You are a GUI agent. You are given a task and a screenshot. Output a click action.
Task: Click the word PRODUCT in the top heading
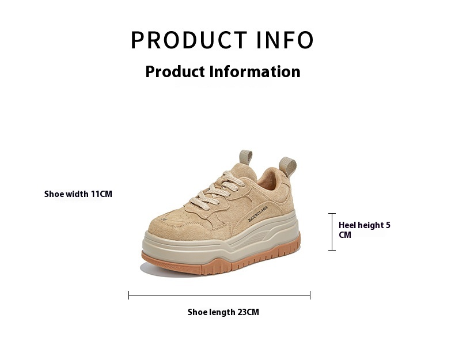[x=189, y=40]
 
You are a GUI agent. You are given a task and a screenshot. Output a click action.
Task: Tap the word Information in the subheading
[x=255, y=71]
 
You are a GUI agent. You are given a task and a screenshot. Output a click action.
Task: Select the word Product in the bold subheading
[x=175, y=71]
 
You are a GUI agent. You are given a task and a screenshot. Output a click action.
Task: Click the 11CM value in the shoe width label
[x=101, y=194]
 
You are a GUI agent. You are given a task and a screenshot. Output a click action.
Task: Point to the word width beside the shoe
[x=78, y=194]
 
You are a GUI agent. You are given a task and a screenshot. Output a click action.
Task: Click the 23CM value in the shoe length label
[x=248, y=312]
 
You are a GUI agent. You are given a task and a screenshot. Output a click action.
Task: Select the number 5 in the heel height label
[x=388, y=225]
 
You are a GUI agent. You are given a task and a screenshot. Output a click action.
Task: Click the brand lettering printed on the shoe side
[x=257, y=214]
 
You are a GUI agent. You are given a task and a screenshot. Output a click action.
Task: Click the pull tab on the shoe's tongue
[x=246, y=157]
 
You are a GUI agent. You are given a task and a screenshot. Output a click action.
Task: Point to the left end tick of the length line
[x=129, y=295]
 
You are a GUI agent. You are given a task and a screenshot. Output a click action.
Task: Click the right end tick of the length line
[x=310, y=295]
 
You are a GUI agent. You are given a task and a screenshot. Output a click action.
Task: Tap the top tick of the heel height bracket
[x=332, y=214]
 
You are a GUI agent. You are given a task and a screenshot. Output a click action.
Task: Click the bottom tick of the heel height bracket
[x=332, y=250]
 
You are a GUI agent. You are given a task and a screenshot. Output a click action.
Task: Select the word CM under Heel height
[x=345, y=234]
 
